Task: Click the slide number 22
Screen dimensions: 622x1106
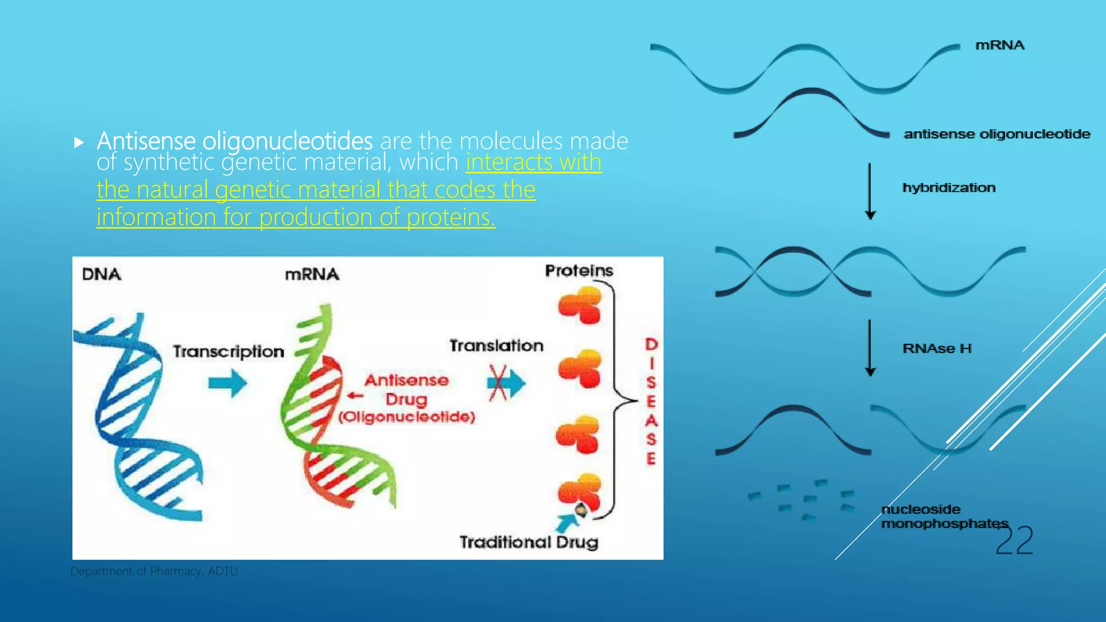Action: click(x=1014, y=540)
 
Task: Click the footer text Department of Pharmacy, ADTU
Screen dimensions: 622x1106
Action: click(x=154, y=571)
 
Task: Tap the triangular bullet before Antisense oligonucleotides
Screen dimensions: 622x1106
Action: click(x=79, y=143)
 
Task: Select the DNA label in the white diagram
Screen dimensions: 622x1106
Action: click(x=102, y=274)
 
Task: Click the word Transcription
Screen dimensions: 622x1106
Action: click(x=228, y=351)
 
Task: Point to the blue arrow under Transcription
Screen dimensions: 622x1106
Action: click(x=228, y=383)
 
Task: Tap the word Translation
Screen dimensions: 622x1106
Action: click(x=496, y=346)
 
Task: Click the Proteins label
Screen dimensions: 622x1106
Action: click(x=579, y=271)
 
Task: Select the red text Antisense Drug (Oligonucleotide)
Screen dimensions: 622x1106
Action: click(x=407, y=398)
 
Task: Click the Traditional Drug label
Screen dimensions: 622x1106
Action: click(x=529, y=542)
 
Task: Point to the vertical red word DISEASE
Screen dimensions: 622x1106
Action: click(x=651, y=401)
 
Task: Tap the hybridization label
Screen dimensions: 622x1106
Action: click(x=949, y=188)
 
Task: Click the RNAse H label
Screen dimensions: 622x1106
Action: click(x=937, y=348)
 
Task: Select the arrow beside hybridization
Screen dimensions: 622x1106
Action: click(x=870, y=191)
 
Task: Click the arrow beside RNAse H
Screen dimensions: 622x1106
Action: click(x=870, y=348)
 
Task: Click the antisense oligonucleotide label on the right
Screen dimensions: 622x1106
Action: click(x=997, y=134)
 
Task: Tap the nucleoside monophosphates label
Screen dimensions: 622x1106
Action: click(x=944, y=516)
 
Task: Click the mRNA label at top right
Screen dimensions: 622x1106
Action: click(x=1000, y=45)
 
